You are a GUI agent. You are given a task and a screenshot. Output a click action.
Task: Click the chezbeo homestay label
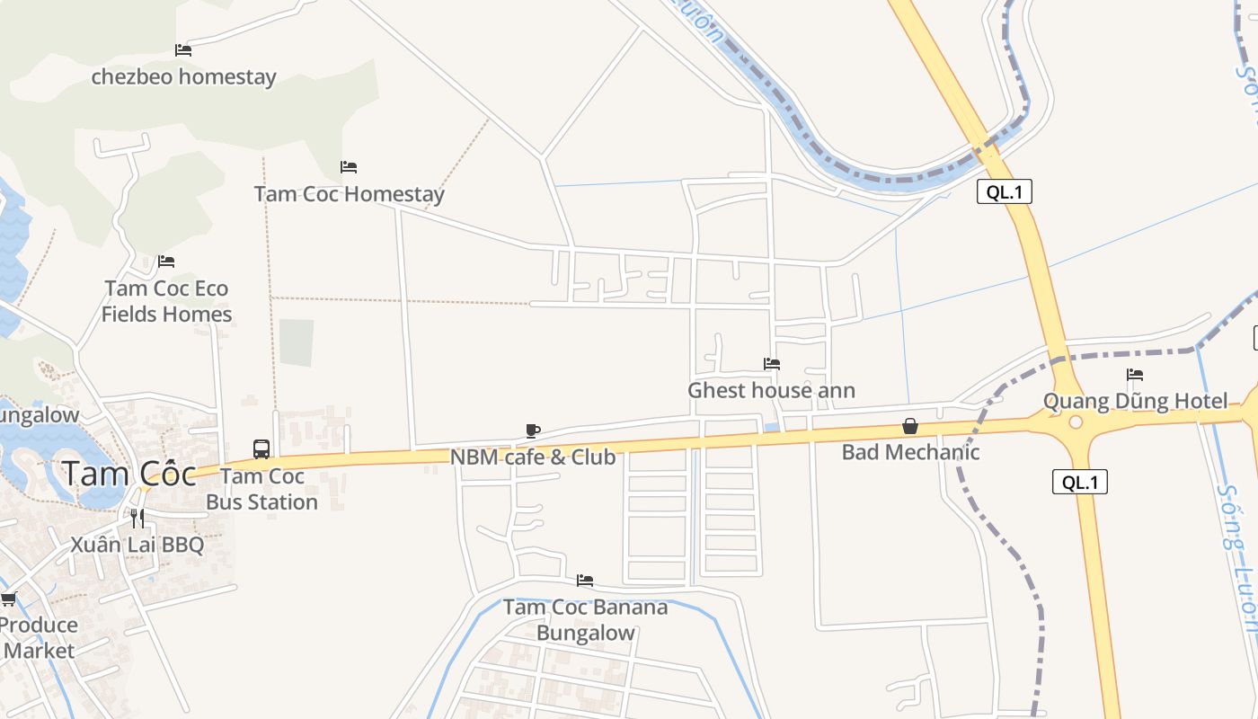click(183, 77)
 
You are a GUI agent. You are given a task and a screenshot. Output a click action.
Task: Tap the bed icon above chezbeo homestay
click(183, 50)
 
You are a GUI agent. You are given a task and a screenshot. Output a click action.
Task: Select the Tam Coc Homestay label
click(349, 194)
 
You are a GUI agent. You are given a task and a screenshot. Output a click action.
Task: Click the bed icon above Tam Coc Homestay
click(349, 167)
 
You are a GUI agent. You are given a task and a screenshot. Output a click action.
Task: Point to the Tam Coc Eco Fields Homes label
click(166, 301)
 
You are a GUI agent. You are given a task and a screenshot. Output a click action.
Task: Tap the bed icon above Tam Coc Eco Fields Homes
click(166, 262)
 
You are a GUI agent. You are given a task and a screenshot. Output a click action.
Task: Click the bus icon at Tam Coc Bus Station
click(261, 448)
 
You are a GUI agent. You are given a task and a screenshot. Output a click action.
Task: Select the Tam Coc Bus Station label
click(262, 489)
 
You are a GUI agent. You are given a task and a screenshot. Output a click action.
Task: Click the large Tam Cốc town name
click(129, 474)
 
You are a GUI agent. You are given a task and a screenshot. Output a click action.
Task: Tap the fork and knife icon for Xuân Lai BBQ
click(137, 518)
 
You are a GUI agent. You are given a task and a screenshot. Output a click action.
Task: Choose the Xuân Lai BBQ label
click(137, 545)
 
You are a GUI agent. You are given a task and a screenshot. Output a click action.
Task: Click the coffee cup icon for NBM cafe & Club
click(533, 431)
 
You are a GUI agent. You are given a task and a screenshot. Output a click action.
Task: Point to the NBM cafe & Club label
click(533, 457)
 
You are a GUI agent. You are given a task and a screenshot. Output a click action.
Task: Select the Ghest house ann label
click(771, 390)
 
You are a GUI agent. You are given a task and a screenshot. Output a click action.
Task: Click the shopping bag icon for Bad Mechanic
click(910, 426)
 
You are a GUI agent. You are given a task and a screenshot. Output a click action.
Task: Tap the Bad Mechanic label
click(910, 452)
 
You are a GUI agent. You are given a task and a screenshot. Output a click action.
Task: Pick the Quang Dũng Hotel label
click(1135, 401)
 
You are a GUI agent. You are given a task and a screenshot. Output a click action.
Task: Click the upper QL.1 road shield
click(1005, 191)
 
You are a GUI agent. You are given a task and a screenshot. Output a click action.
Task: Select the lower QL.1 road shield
click(1080, 482)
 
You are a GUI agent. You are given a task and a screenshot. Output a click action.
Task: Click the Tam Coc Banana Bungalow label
click(586, 620)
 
